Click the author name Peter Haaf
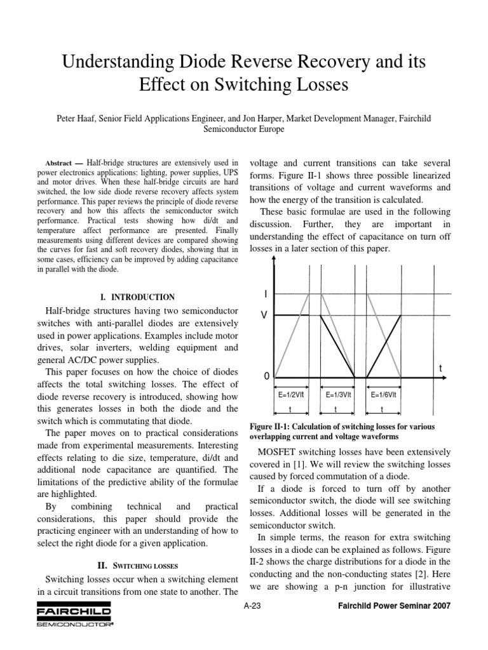tap(99, 119)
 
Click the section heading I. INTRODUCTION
tap(138, 296)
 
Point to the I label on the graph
tap(265, 294)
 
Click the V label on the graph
tap(265, 315)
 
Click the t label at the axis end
tap(439, 368)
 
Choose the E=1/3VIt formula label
tap(339, 394)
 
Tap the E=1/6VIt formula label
tap(384, 394)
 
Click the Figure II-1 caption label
tap(276, 425)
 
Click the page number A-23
tap(252, 606)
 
